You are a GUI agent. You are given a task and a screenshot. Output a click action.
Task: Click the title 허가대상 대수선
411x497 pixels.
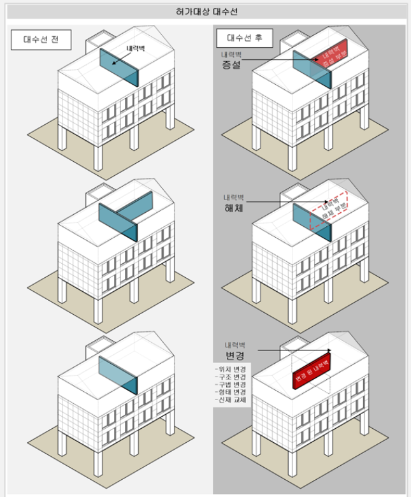(206, 12)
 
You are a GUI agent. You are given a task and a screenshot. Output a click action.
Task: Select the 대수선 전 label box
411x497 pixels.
(40, 40)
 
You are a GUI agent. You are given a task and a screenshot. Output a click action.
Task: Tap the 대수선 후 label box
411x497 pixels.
(245, 39)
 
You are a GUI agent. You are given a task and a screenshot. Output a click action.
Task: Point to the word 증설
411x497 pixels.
(231, 65)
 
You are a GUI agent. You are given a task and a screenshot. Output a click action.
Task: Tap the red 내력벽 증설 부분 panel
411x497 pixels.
(329, 57)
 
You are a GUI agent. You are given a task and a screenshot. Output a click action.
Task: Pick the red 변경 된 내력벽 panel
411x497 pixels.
(312, 372)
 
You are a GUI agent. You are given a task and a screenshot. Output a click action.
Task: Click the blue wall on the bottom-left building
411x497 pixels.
(118, 375)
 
